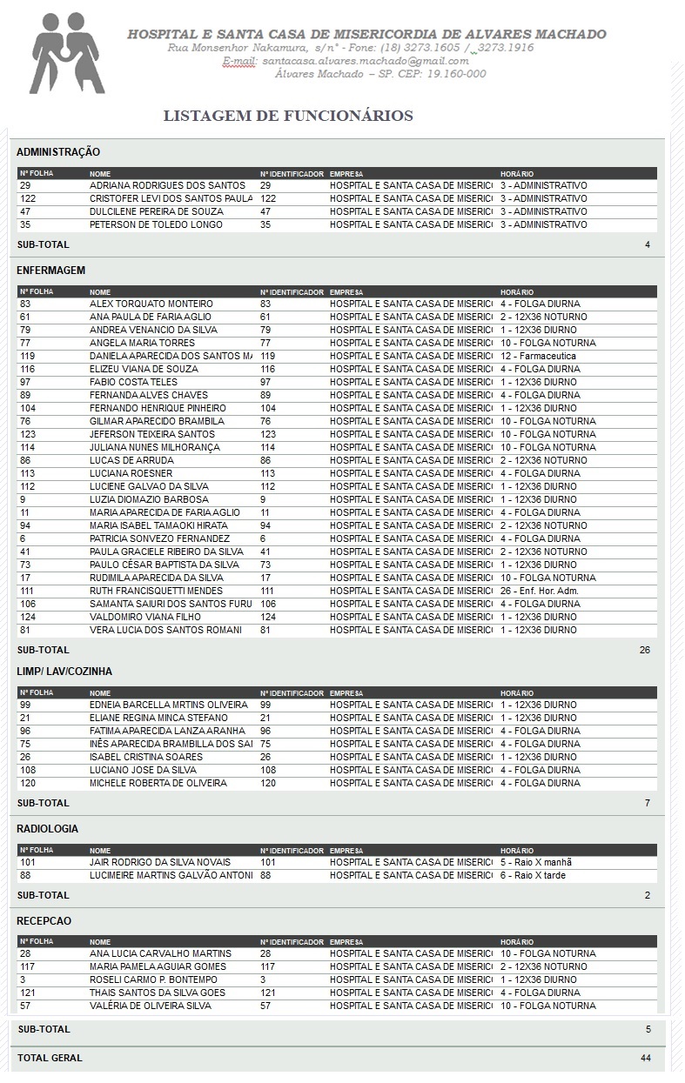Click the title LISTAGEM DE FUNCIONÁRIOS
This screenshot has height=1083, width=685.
(288, 116)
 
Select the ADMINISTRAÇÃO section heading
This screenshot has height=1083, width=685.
(58, 152)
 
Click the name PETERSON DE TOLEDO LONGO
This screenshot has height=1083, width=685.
(156, 224)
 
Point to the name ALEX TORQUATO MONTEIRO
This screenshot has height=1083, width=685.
(151, 304)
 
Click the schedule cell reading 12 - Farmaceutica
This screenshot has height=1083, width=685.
(538, 356)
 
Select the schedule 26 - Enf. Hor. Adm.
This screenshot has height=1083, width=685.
(540, 591)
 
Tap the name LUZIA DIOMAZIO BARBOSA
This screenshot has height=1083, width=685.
(149, 499)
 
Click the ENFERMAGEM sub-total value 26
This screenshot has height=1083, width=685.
(644, 650)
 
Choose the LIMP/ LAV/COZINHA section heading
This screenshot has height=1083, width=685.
(64, 672)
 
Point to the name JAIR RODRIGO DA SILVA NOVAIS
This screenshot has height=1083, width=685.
(160, 862)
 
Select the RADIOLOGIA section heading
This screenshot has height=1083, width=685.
(47, 828)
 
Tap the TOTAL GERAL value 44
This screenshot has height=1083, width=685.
(645, 1058)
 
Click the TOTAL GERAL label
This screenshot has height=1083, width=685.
(50, 1058)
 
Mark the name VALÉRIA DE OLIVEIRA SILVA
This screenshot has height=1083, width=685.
(151, 1006)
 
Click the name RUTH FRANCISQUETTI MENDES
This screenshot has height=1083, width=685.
(156, 591)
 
